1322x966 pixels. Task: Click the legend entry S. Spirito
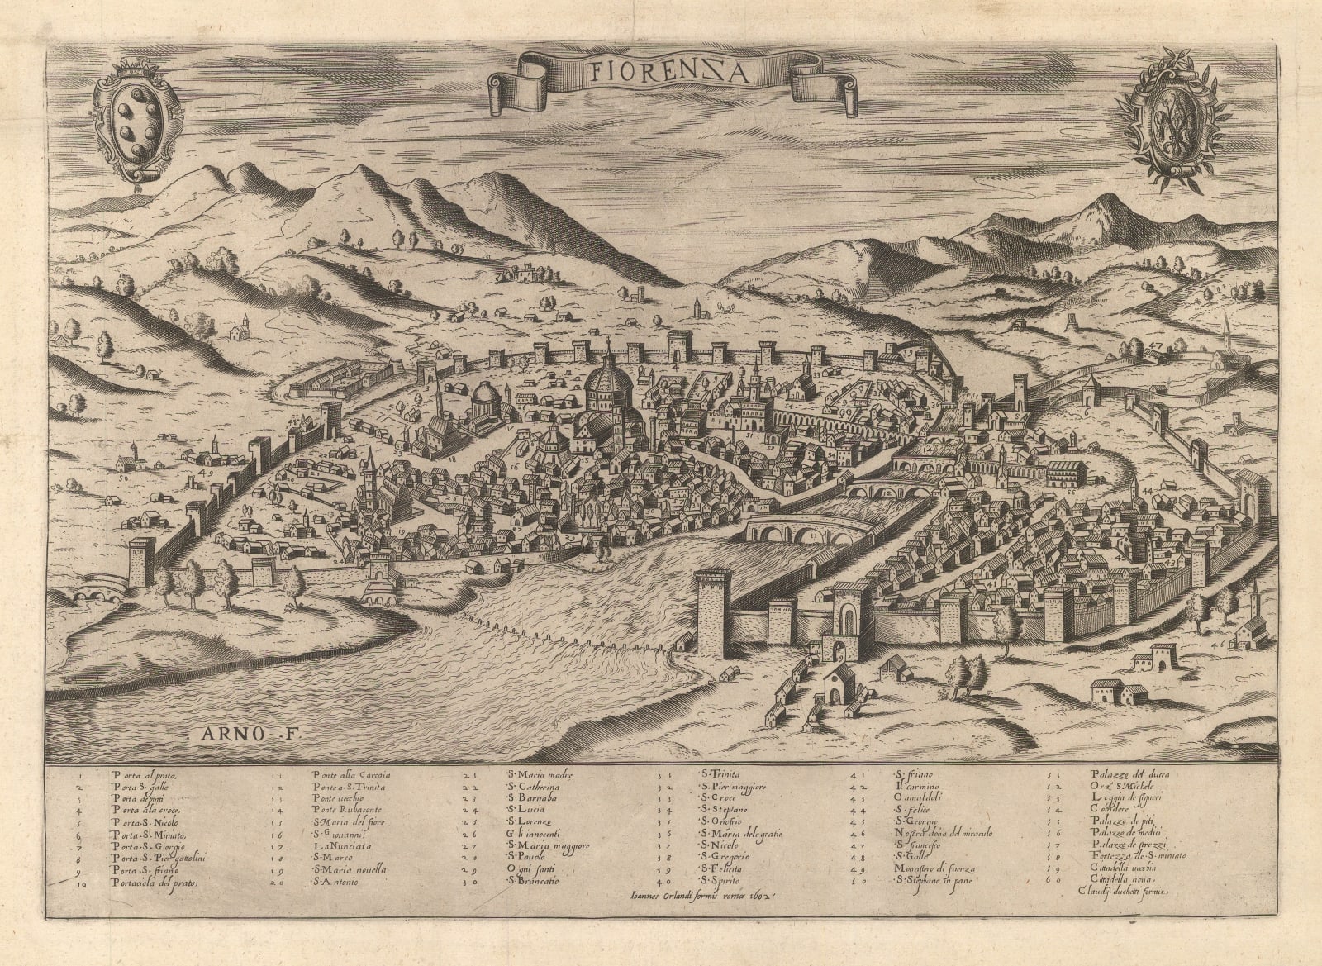(724, 881)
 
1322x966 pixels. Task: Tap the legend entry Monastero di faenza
(935, 869)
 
